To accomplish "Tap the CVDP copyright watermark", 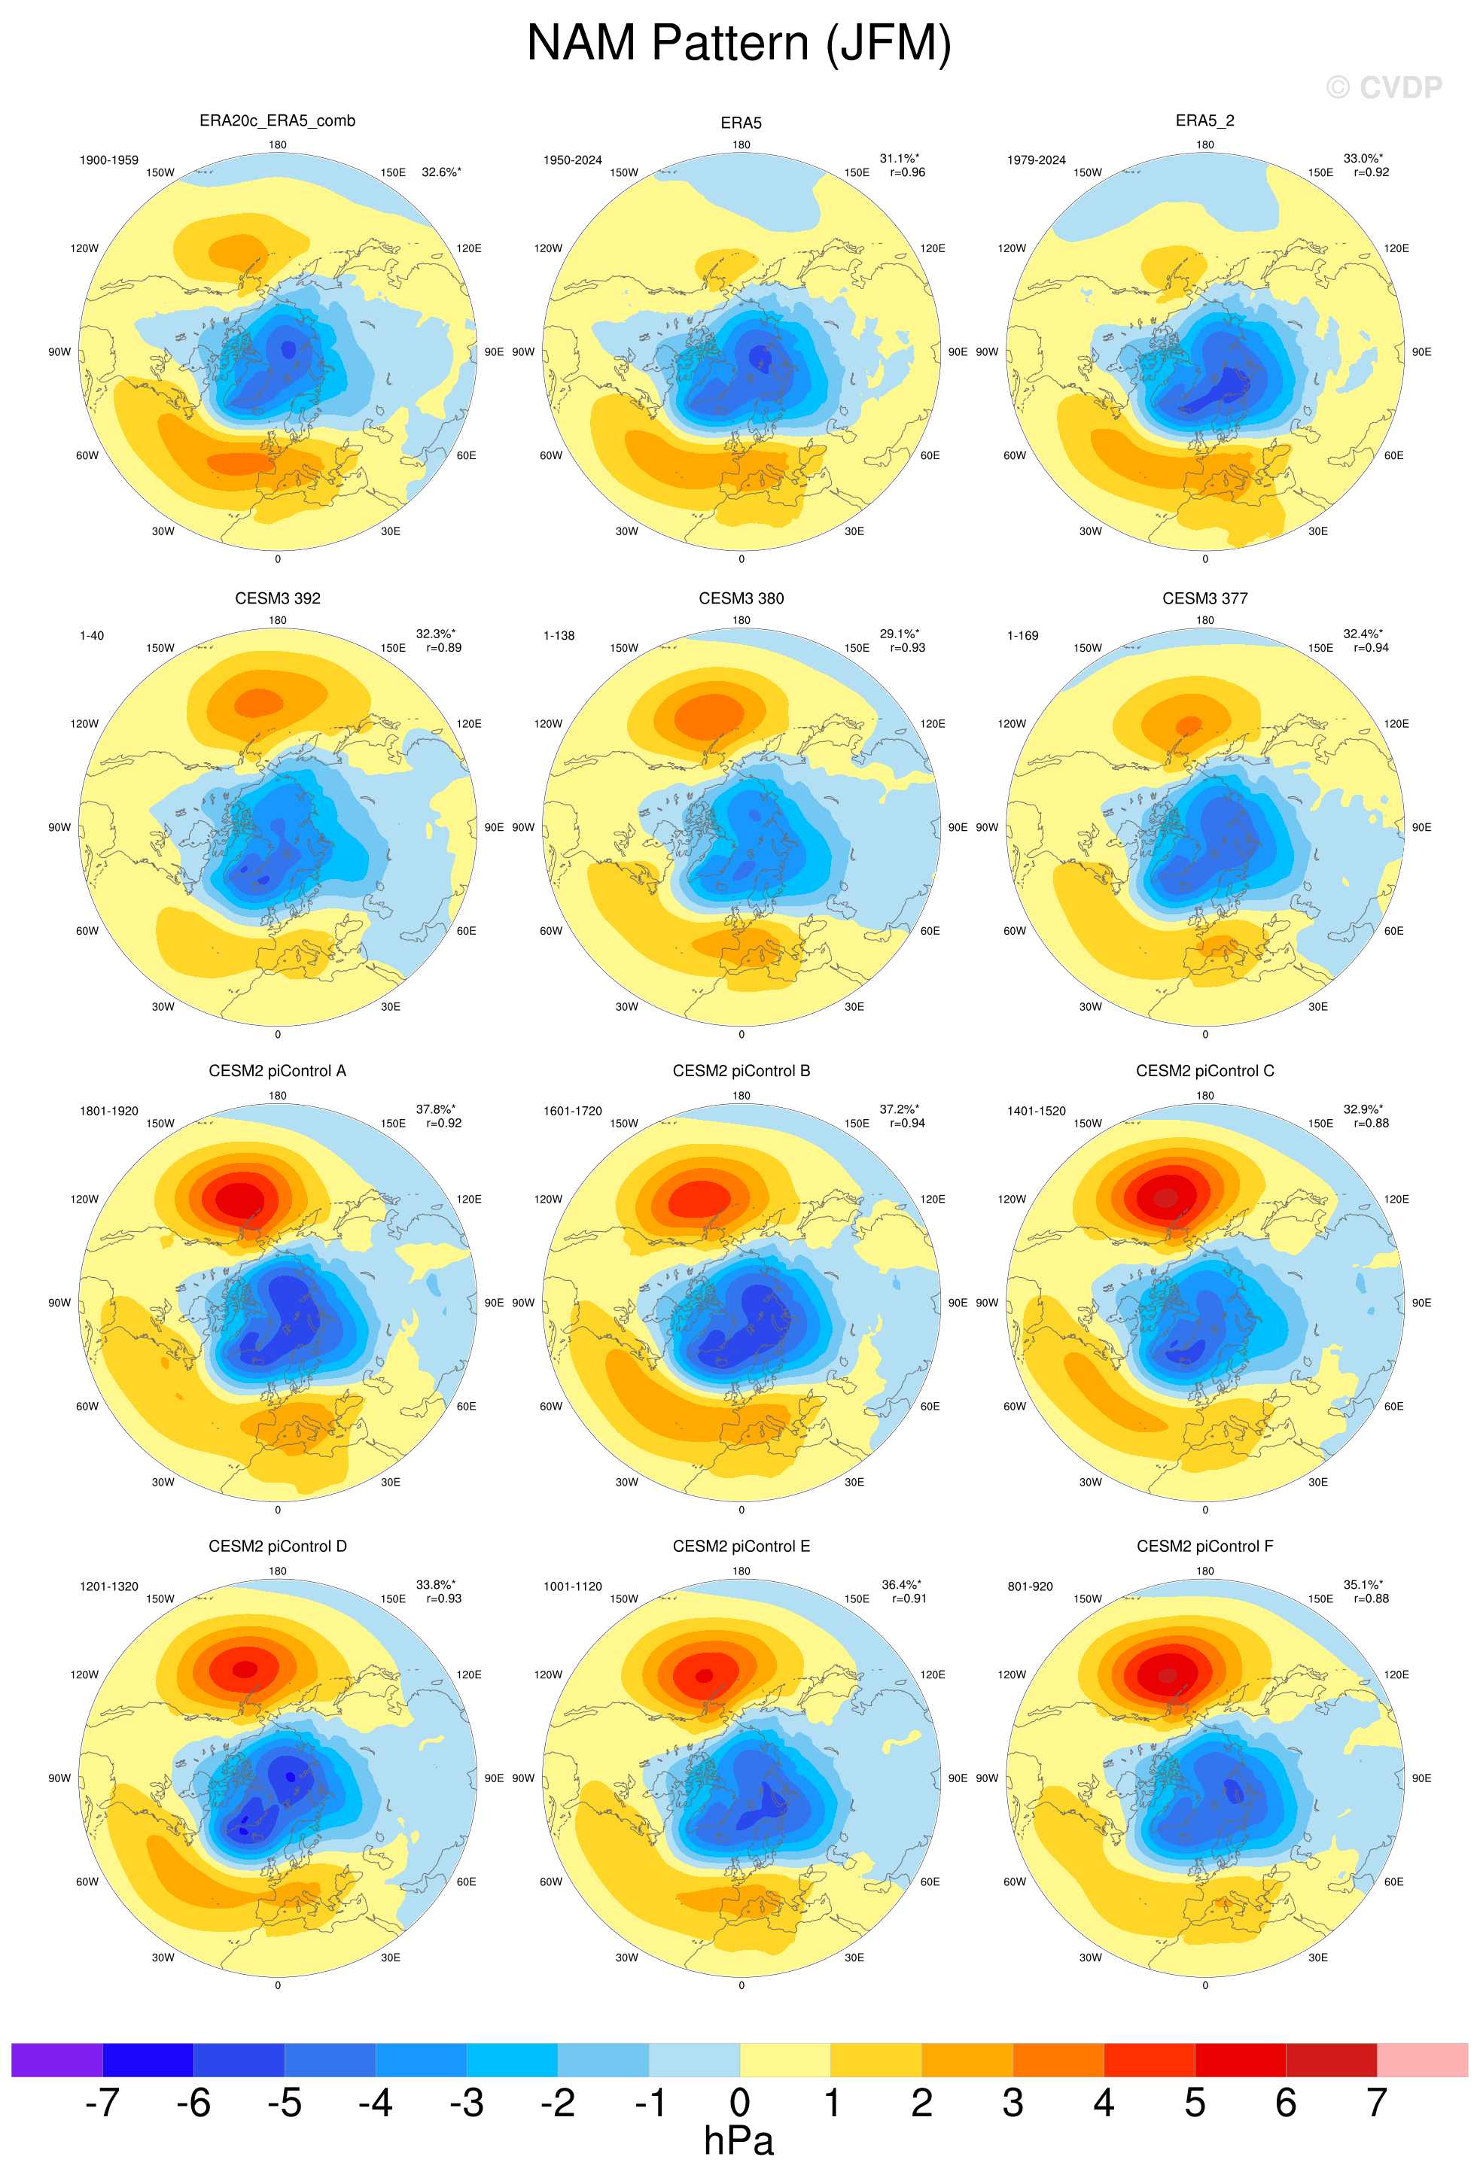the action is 1384,87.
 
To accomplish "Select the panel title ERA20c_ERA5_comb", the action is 278,121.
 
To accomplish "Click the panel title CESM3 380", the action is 741,598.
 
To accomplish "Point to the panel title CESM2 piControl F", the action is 1204,1547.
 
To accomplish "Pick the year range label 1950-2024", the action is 572,160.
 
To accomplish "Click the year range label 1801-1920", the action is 108,1111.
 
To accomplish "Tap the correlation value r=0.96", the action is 907,172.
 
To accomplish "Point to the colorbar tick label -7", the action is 102,2102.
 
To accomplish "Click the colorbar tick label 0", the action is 739,2102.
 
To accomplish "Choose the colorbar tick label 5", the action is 1194,2102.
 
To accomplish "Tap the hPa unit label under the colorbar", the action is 738,2141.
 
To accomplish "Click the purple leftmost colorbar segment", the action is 56,2060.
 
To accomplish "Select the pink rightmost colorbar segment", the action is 1422,2060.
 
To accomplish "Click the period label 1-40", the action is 92,635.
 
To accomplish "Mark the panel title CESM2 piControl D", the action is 278,1547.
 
